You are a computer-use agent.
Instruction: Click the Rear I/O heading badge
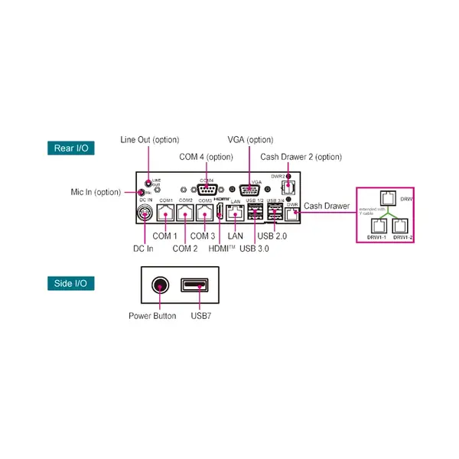point(71,148)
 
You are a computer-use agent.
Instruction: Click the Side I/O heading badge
point(71,284)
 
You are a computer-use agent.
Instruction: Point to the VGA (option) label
point(250,140)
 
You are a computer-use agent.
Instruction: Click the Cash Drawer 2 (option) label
point(301,157)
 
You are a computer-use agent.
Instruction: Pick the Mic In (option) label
point(95,192)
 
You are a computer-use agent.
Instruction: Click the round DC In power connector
point(145,213)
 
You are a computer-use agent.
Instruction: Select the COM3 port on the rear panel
point(204,213)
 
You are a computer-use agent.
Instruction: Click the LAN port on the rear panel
point(236,213)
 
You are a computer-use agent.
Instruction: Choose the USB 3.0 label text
point(254,249)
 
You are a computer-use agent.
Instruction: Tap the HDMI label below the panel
point(222,249)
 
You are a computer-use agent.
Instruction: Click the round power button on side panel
point(160,286)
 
